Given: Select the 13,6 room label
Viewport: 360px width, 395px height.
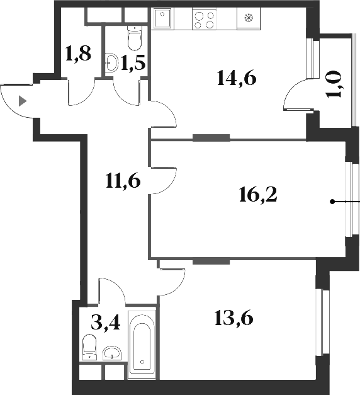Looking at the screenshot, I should coord(233,319).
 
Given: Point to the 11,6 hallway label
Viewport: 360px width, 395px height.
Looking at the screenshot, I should coord(123,182).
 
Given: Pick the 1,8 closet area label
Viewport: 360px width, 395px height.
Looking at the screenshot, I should coord(79,54).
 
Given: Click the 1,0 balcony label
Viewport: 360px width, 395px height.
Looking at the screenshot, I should coord(335,84).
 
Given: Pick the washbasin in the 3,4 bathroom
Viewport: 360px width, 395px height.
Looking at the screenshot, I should coord(112,353).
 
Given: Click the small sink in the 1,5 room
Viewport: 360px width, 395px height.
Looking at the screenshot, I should coord(112,62).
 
